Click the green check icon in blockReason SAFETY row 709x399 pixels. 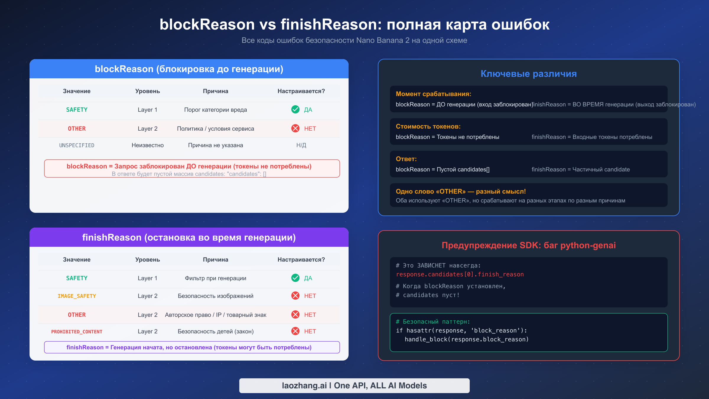[x=295, y=109]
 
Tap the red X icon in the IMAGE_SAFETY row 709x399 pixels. [x=295, y=296]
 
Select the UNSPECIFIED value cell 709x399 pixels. [x=77, y=145]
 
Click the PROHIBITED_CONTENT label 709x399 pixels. [x=77, y=332]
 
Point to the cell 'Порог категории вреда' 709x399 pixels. [x=215, y=110]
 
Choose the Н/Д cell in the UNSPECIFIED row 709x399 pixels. [x=301, y=145]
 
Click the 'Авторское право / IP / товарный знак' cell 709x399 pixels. [x=215, y=315]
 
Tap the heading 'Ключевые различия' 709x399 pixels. [x=529, y=74]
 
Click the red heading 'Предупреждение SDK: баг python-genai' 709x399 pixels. [x=529, y=245]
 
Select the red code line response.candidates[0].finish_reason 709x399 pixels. [x=460, y=274]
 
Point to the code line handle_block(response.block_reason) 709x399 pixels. [x=466, y=339]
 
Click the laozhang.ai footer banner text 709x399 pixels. [x=354, y=385]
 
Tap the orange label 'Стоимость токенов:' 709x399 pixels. [x=428, y=126]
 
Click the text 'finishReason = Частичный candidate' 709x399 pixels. [x=580, y=169]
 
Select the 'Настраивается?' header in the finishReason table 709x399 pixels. [x=301, y=259]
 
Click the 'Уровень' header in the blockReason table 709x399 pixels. [x=147, y=91]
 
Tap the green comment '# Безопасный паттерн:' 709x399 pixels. [x=433, y=322]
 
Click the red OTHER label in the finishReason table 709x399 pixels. [x=77, y=315]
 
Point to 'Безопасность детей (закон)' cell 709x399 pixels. [x=215, y=331]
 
